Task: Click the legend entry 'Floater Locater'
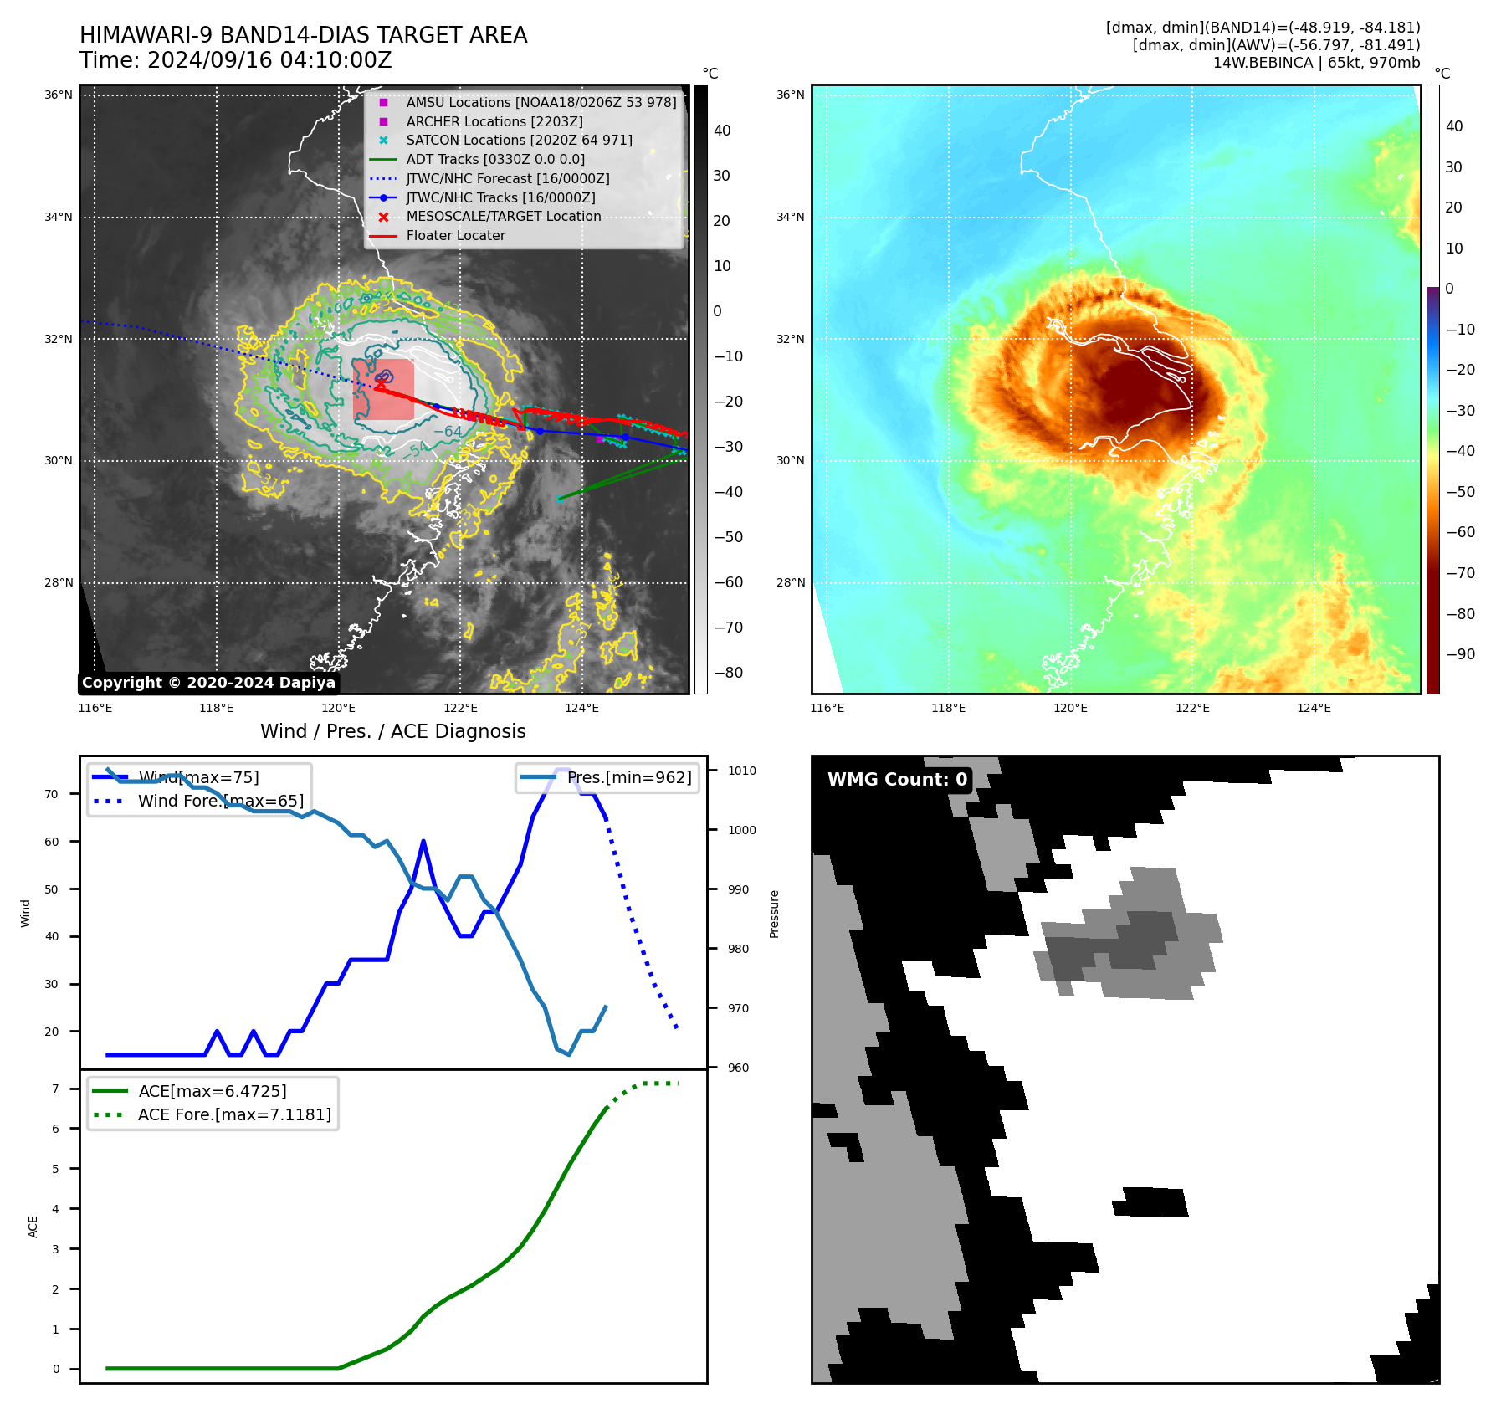pos(455,236)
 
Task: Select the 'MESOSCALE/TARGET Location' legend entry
pos(503,217)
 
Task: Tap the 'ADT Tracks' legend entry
pos(495,159)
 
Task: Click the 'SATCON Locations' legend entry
pos(519,140)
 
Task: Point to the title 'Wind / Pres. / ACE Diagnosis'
pos(392,731)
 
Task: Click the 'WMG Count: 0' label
pos(897,780)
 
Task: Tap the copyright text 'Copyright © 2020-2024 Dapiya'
pos(208,683)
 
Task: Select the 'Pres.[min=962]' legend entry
pos(629,777)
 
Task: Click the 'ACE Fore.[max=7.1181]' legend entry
pos(234,1114)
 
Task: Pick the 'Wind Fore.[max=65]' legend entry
pos(221,801)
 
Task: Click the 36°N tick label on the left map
pos(59,95)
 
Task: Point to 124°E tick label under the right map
pos(1314,708)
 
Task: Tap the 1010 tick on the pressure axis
pos(741,771)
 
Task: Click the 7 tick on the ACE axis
pos(55,1089)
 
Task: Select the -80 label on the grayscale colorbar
pos(727,673)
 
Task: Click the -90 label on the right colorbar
pos(1460,654)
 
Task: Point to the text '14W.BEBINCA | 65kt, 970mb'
pos(1316,63)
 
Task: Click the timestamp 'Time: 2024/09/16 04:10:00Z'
pos(235,60)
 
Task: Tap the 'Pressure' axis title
pos(774,914)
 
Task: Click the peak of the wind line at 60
pos(423,841)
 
